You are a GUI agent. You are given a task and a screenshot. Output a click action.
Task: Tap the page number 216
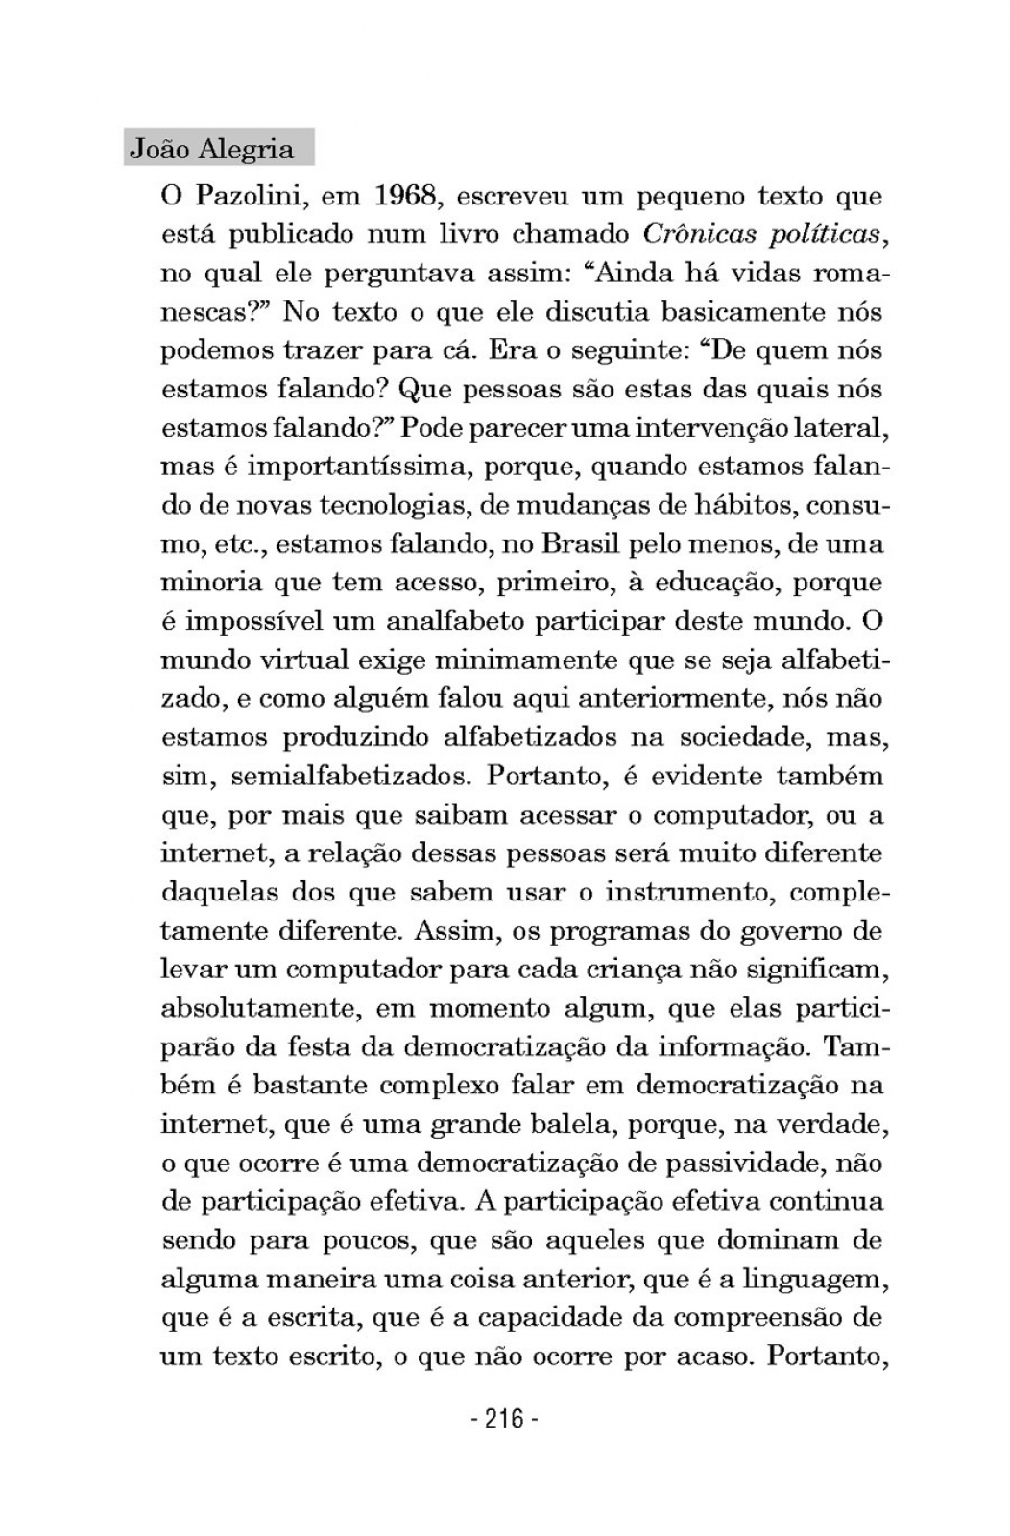[x=505, y=1417]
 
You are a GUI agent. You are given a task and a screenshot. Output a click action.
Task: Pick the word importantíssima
[x=359, y=468]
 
